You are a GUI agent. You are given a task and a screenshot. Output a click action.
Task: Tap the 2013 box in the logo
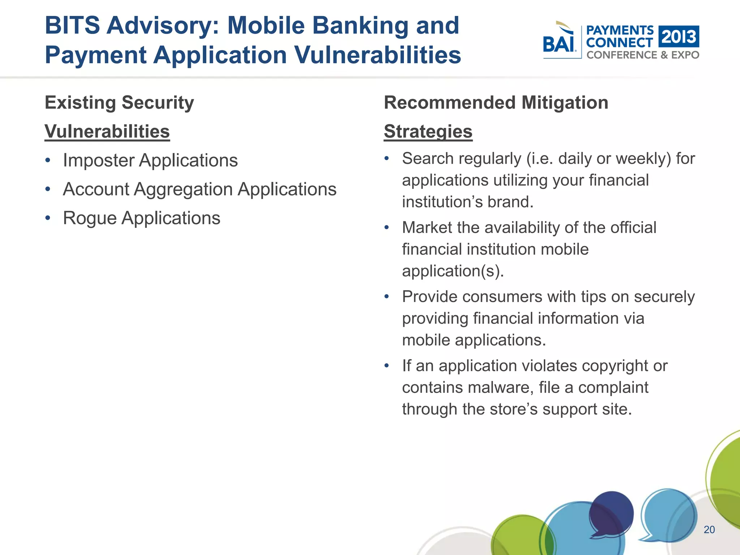[x=679, y=36]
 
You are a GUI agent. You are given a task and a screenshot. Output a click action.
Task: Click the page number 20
[x=709, y=530]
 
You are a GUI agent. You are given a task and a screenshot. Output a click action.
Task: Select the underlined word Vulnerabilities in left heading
[x=107, y=132]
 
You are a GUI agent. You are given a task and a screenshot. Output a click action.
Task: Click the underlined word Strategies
[x=428, y=132]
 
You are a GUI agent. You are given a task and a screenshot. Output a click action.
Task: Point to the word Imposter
[x=99, y=160]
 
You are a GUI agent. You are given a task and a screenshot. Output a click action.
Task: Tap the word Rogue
[x=89, y=218]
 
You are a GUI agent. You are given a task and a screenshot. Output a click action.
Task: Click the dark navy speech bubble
[x=611, y=513]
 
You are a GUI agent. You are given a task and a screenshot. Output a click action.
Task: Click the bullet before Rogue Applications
[x=48, y=218]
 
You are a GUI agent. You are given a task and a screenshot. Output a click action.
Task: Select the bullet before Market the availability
[x=387, y=228]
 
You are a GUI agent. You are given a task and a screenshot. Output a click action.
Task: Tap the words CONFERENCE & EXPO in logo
[x=642, y=55]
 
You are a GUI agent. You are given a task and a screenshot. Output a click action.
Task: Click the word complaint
[x=613, y=387]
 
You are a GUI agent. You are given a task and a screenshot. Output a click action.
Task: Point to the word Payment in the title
[x=95, y=55]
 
